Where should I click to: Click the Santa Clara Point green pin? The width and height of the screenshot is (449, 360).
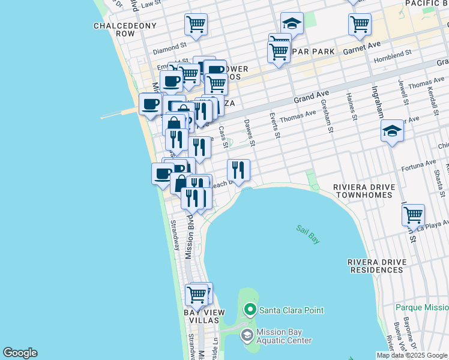[x=250, y=310]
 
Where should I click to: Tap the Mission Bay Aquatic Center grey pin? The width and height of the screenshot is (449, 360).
[x=247, y=335]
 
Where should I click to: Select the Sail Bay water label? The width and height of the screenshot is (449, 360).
[x=308, y=234]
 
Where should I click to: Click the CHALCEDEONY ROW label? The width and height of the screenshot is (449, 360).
[x=125, y=30]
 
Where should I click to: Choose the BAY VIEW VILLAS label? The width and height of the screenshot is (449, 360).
[x=204, y=317]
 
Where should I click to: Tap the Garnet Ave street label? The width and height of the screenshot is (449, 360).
[x=362, y=47]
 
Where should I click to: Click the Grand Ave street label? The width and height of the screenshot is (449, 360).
[x=312, y=96]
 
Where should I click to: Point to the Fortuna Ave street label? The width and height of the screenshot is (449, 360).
[x=418, y=164]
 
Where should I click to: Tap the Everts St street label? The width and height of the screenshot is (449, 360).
[x=274, y=125]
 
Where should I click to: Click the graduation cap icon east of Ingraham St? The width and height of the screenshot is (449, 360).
[x=392, y=131]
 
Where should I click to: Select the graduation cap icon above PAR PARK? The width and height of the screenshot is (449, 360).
[x=292, y=23]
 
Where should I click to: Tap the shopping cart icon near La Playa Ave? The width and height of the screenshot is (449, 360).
[x=413, y=214]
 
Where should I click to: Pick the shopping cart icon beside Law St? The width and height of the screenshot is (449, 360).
[x=196, y=25]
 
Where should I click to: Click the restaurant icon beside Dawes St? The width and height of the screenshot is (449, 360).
[x=238, y=170]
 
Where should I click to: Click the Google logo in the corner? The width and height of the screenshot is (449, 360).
[x=20, y=353]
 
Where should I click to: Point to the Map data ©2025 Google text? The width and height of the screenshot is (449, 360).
[x=412, y=355]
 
